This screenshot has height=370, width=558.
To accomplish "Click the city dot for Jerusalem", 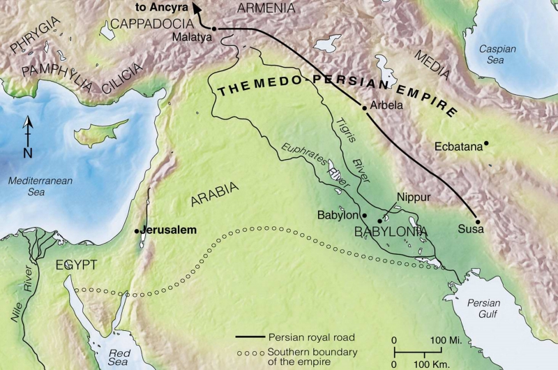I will tap(137, 231).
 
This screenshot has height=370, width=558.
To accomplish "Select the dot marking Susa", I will tap(478, 217).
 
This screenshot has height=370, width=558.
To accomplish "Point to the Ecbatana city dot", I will tap(486, 144).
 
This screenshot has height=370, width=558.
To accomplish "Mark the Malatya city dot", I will tap(214, 29).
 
